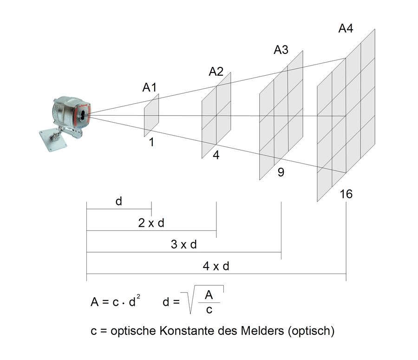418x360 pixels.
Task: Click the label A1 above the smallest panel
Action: (x=150, y=87)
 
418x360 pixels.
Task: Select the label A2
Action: (x=216, y=72)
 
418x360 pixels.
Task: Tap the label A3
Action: (x=281, y=50)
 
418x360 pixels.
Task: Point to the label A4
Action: (x=346, y=28)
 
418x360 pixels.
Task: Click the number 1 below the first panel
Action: (x=151, y=143)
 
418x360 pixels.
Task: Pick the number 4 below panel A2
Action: (x=216, y=156)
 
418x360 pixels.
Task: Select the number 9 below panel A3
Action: (x=281, y=173)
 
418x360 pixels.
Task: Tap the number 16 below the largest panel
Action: (x=346, y=194)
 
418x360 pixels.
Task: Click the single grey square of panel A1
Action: (x=151, y=115)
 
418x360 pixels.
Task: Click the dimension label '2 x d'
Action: (x=151, y=223)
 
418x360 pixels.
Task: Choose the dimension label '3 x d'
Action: (x=184, y=244)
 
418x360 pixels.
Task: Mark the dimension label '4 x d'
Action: (x=216, y=266)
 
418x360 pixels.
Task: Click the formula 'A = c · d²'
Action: (x=115, y=302)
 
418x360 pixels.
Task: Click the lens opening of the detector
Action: (x=83, y=114)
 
